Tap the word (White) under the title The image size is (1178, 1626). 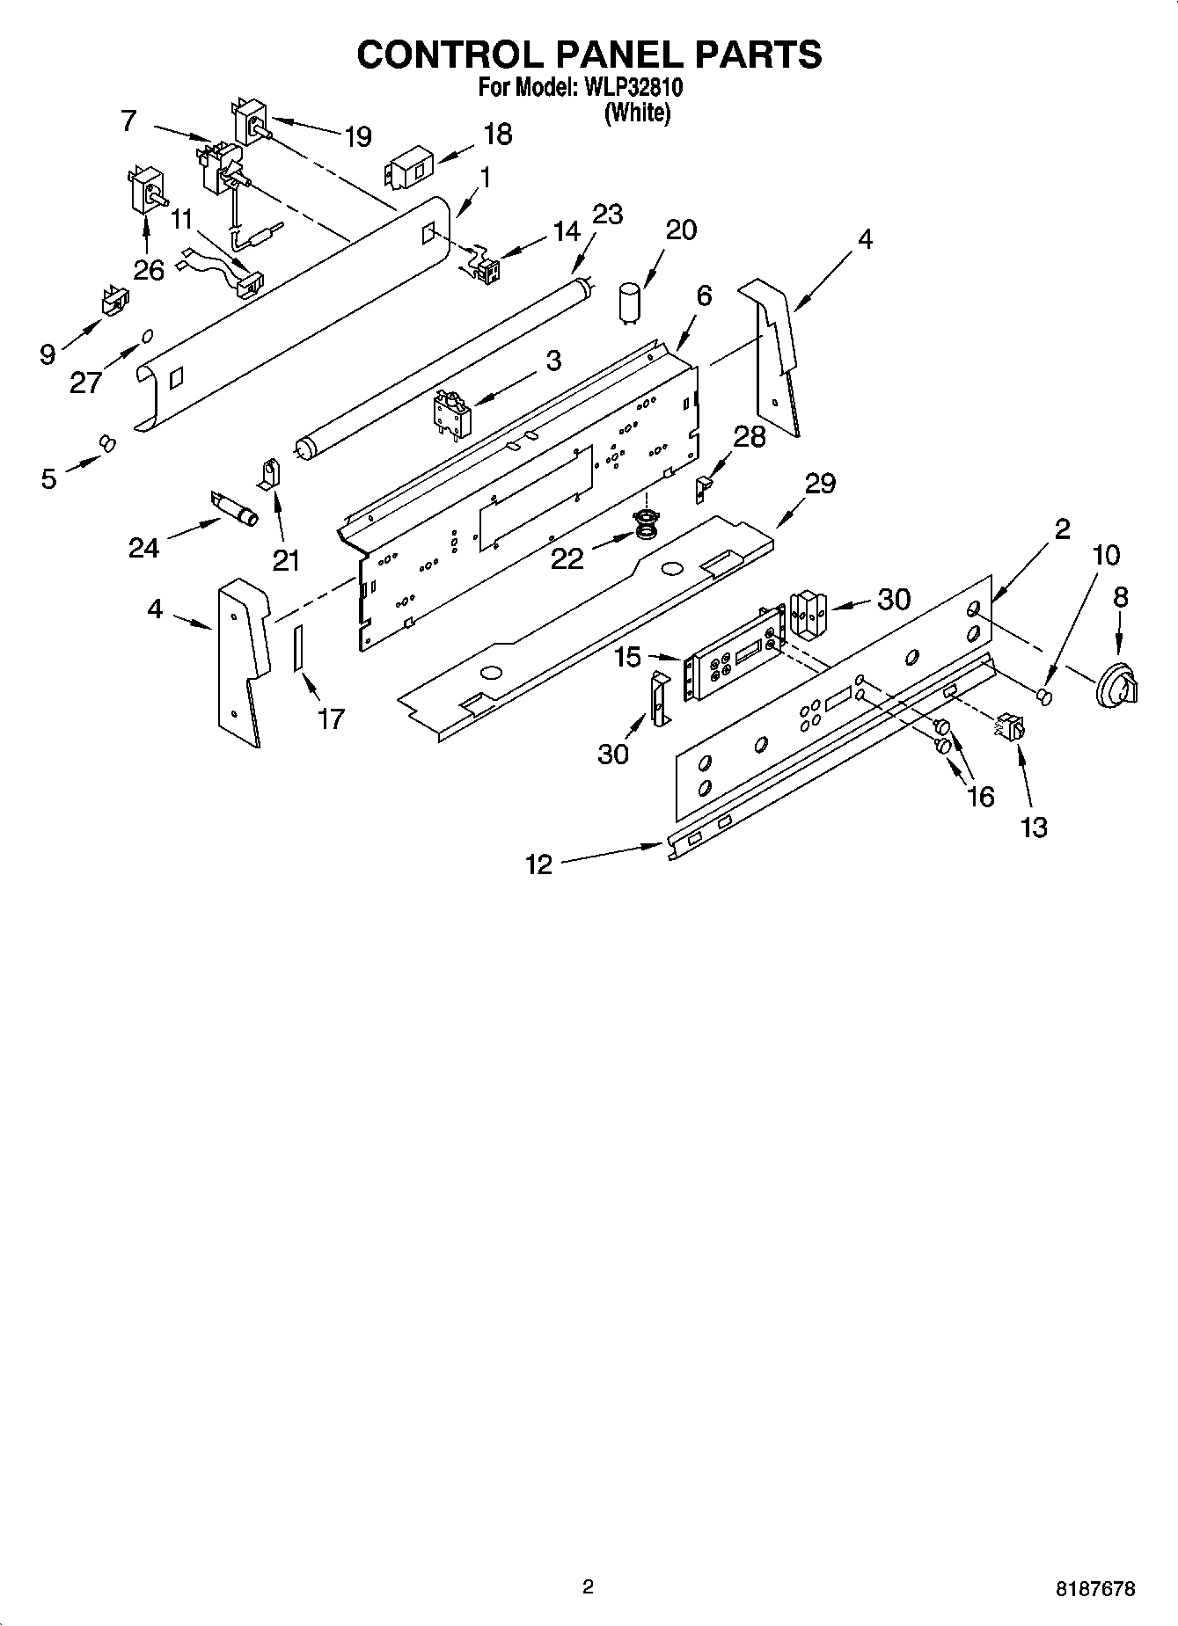click(637, 113)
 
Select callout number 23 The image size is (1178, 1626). click(607, 215)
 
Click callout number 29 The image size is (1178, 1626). click(820, 483)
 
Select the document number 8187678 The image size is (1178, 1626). click(1095, 1589)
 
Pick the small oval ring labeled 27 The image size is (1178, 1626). click(148, 335)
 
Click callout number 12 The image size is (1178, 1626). click(538, 864)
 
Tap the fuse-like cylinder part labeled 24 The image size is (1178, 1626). click(235, 510)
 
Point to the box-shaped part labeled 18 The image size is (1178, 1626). click(410, 169)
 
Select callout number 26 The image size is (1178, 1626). click(149, 269)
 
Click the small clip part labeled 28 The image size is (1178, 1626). click(702, 488)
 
